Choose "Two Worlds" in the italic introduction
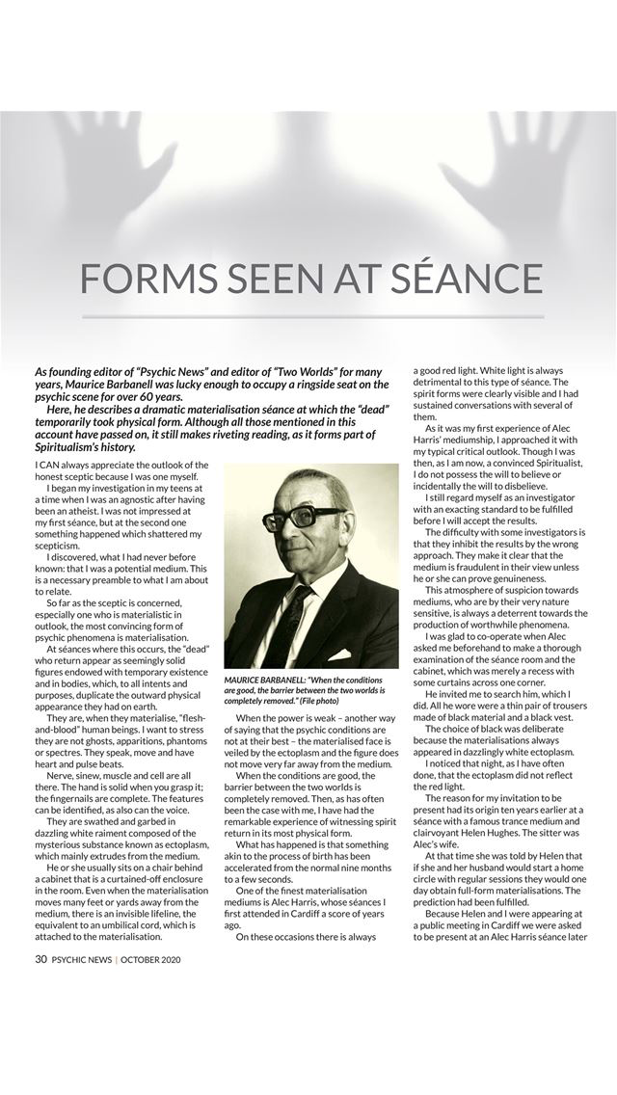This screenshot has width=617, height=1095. pos(302,371)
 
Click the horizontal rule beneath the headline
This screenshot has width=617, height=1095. pos(312,317)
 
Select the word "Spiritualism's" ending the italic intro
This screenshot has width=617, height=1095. pos(76,446)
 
